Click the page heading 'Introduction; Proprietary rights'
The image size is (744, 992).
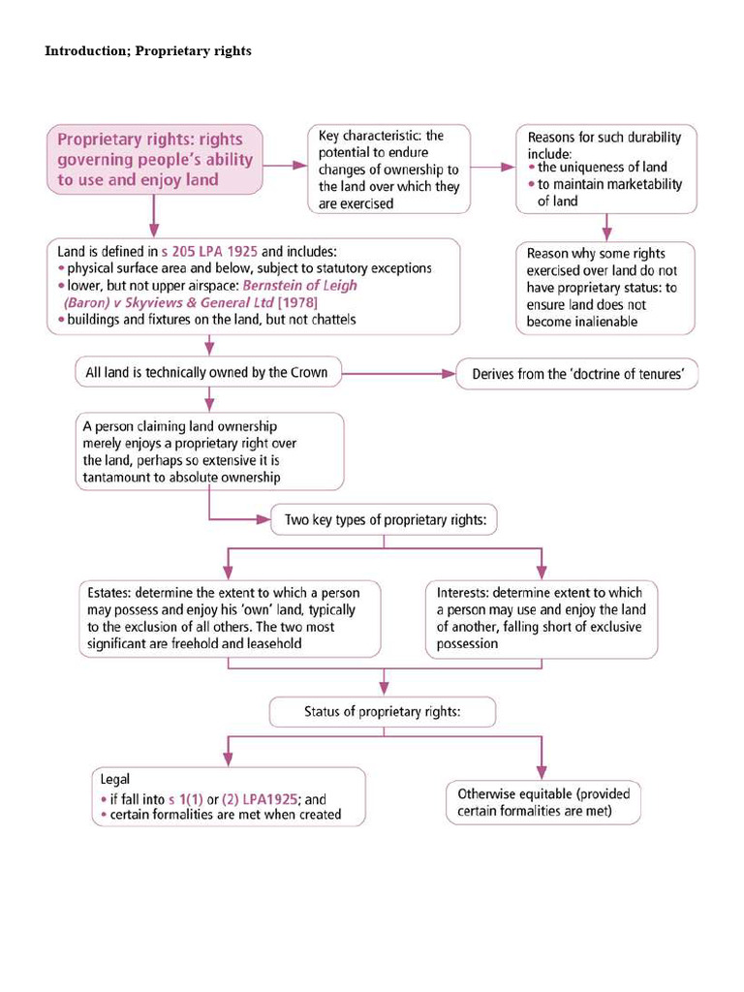click(x=148, y=50)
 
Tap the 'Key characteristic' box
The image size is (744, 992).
click(x=389, y=169)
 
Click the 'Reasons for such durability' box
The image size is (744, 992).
click(x=604, y=168)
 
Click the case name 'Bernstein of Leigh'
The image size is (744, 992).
click(x=299, y=285)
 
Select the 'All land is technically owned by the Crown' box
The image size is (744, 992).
click(x=208, y=372)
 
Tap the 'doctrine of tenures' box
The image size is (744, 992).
click(x=577, y=374)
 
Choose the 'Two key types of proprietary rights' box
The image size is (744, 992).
click(x=384, y=520)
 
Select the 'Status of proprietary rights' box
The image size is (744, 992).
click(x=383, y=712)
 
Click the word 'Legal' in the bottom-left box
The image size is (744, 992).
click(x=115, y=778)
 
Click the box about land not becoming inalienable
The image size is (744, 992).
click(x=604, y=288)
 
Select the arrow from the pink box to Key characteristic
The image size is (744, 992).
click(x=285, y=166)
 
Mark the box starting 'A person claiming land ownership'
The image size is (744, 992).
click(x=208, y=450)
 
